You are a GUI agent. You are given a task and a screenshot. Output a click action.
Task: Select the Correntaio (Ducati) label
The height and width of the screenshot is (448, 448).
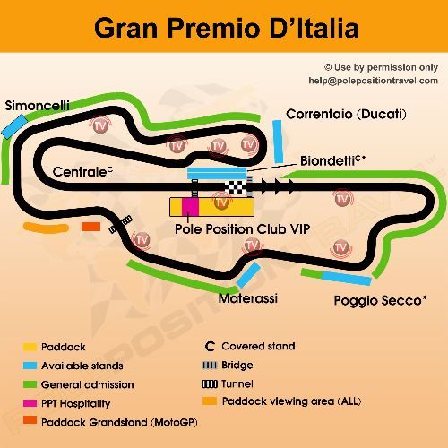[x=346, y=114]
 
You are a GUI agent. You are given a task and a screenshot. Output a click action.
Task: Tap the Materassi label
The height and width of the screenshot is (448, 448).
[x=248, y=297]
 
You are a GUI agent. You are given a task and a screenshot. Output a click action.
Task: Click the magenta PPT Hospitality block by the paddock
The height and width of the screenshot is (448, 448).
[x=190, y=206]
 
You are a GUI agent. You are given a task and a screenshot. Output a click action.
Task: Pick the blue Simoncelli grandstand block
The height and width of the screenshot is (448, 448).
[x=15, y=127]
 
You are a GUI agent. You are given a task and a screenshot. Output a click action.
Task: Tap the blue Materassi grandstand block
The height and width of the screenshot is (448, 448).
[x=248, y=275]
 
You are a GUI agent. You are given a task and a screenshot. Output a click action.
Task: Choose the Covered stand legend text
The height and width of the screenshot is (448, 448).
[x=257, y=346]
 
